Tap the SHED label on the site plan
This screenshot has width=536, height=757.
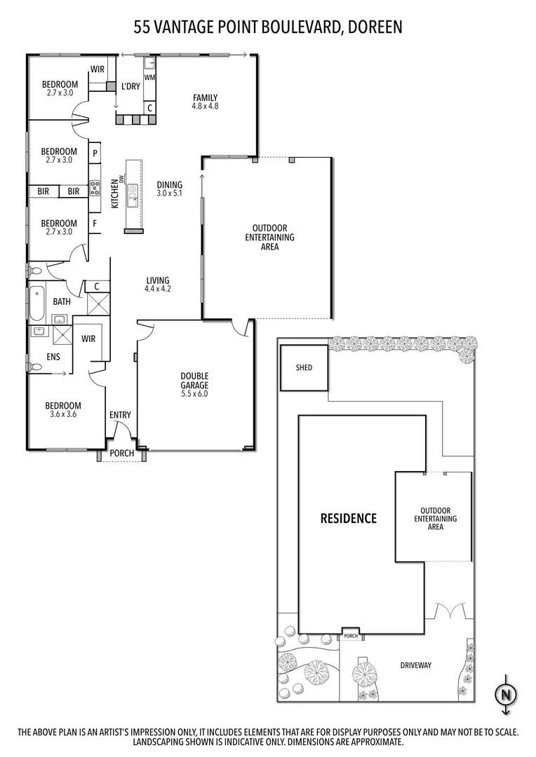pyautogui.click(x=304, y=367)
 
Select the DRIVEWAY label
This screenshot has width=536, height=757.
pyautogui.click(x=415, y=665)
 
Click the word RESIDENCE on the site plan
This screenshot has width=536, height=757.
pyautogui.click(x=349, y=519)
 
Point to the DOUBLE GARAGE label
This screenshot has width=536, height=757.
pyautogui.click(x=194, y=381)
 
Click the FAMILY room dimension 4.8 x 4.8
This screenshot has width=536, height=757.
pyautogui.click(x=205, y=107)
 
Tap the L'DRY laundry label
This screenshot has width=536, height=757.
pyautogui.click(x=130, y=86)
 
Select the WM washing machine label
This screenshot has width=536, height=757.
pyautogui.click(x=149, y=76)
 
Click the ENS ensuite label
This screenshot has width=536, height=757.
pyautogui.click(x=53, y=357)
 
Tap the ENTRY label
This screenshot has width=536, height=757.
pyautogui.click(x=120, y=415)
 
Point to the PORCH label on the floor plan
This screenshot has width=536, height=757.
pyautogui.click(x=122, y=453)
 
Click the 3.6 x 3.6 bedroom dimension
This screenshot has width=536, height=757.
pyautogui.click(x=63, y=414)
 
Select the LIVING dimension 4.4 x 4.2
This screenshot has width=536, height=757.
pyautogui.click(x=158, y=288)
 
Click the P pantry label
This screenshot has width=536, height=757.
pyautogui.click(x=93, y=152)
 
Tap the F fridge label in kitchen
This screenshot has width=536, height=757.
pyautogui.click(x=93, y=224)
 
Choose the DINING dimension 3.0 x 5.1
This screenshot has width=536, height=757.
pyautogui.click(x=169, y=193)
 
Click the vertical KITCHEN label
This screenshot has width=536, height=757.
pyautogui.click(x=114, y=195)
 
